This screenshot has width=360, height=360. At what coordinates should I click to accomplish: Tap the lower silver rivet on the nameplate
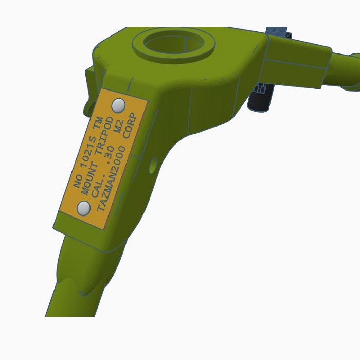coord(83,208)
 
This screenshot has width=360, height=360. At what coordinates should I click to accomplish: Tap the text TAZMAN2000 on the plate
coord(112,178)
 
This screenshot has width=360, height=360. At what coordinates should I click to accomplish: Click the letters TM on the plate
coord(99,123)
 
